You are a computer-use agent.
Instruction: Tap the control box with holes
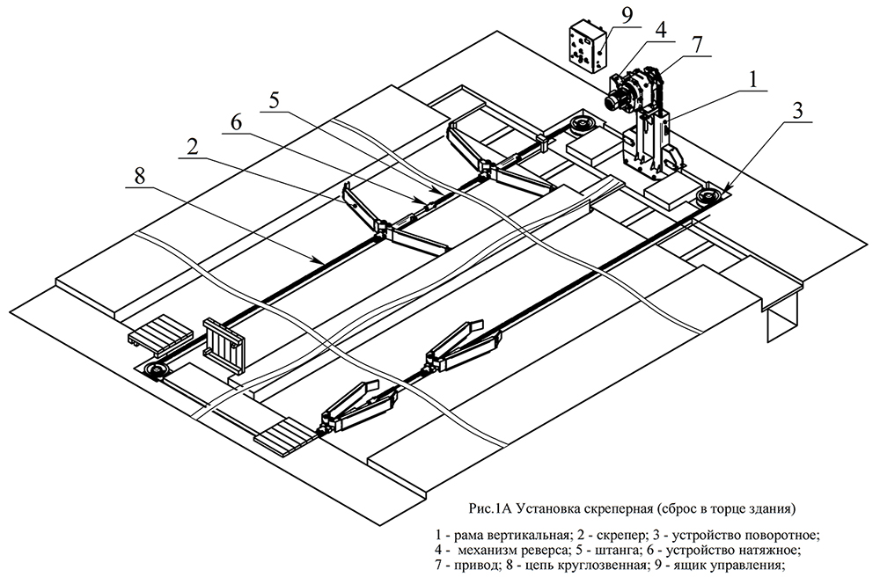tap(583, 49)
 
